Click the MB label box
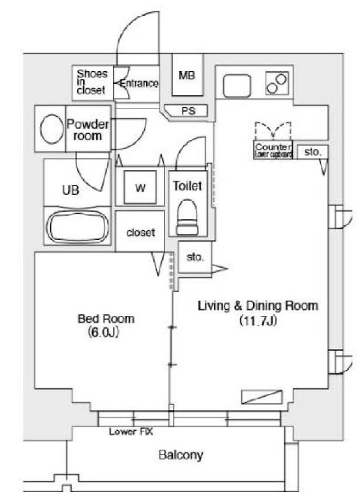(186, 76)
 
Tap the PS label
(187, 110)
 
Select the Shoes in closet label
(92, 82)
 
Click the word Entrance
(138, 83)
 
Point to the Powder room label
(88, 130)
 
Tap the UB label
(70, 190)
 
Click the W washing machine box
(140, 188)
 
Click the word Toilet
(187, 186)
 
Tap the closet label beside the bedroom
(140, 233)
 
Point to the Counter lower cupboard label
(273, 150)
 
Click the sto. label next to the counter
(313, 152)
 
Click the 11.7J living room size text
(257, 320)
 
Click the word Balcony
(180, 454)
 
